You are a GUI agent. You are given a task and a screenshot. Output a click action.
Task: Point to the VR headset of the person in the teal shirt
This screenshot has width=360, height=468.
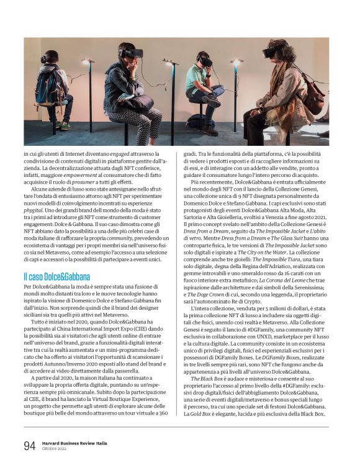pyautogui.click(x=205, y=60)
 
